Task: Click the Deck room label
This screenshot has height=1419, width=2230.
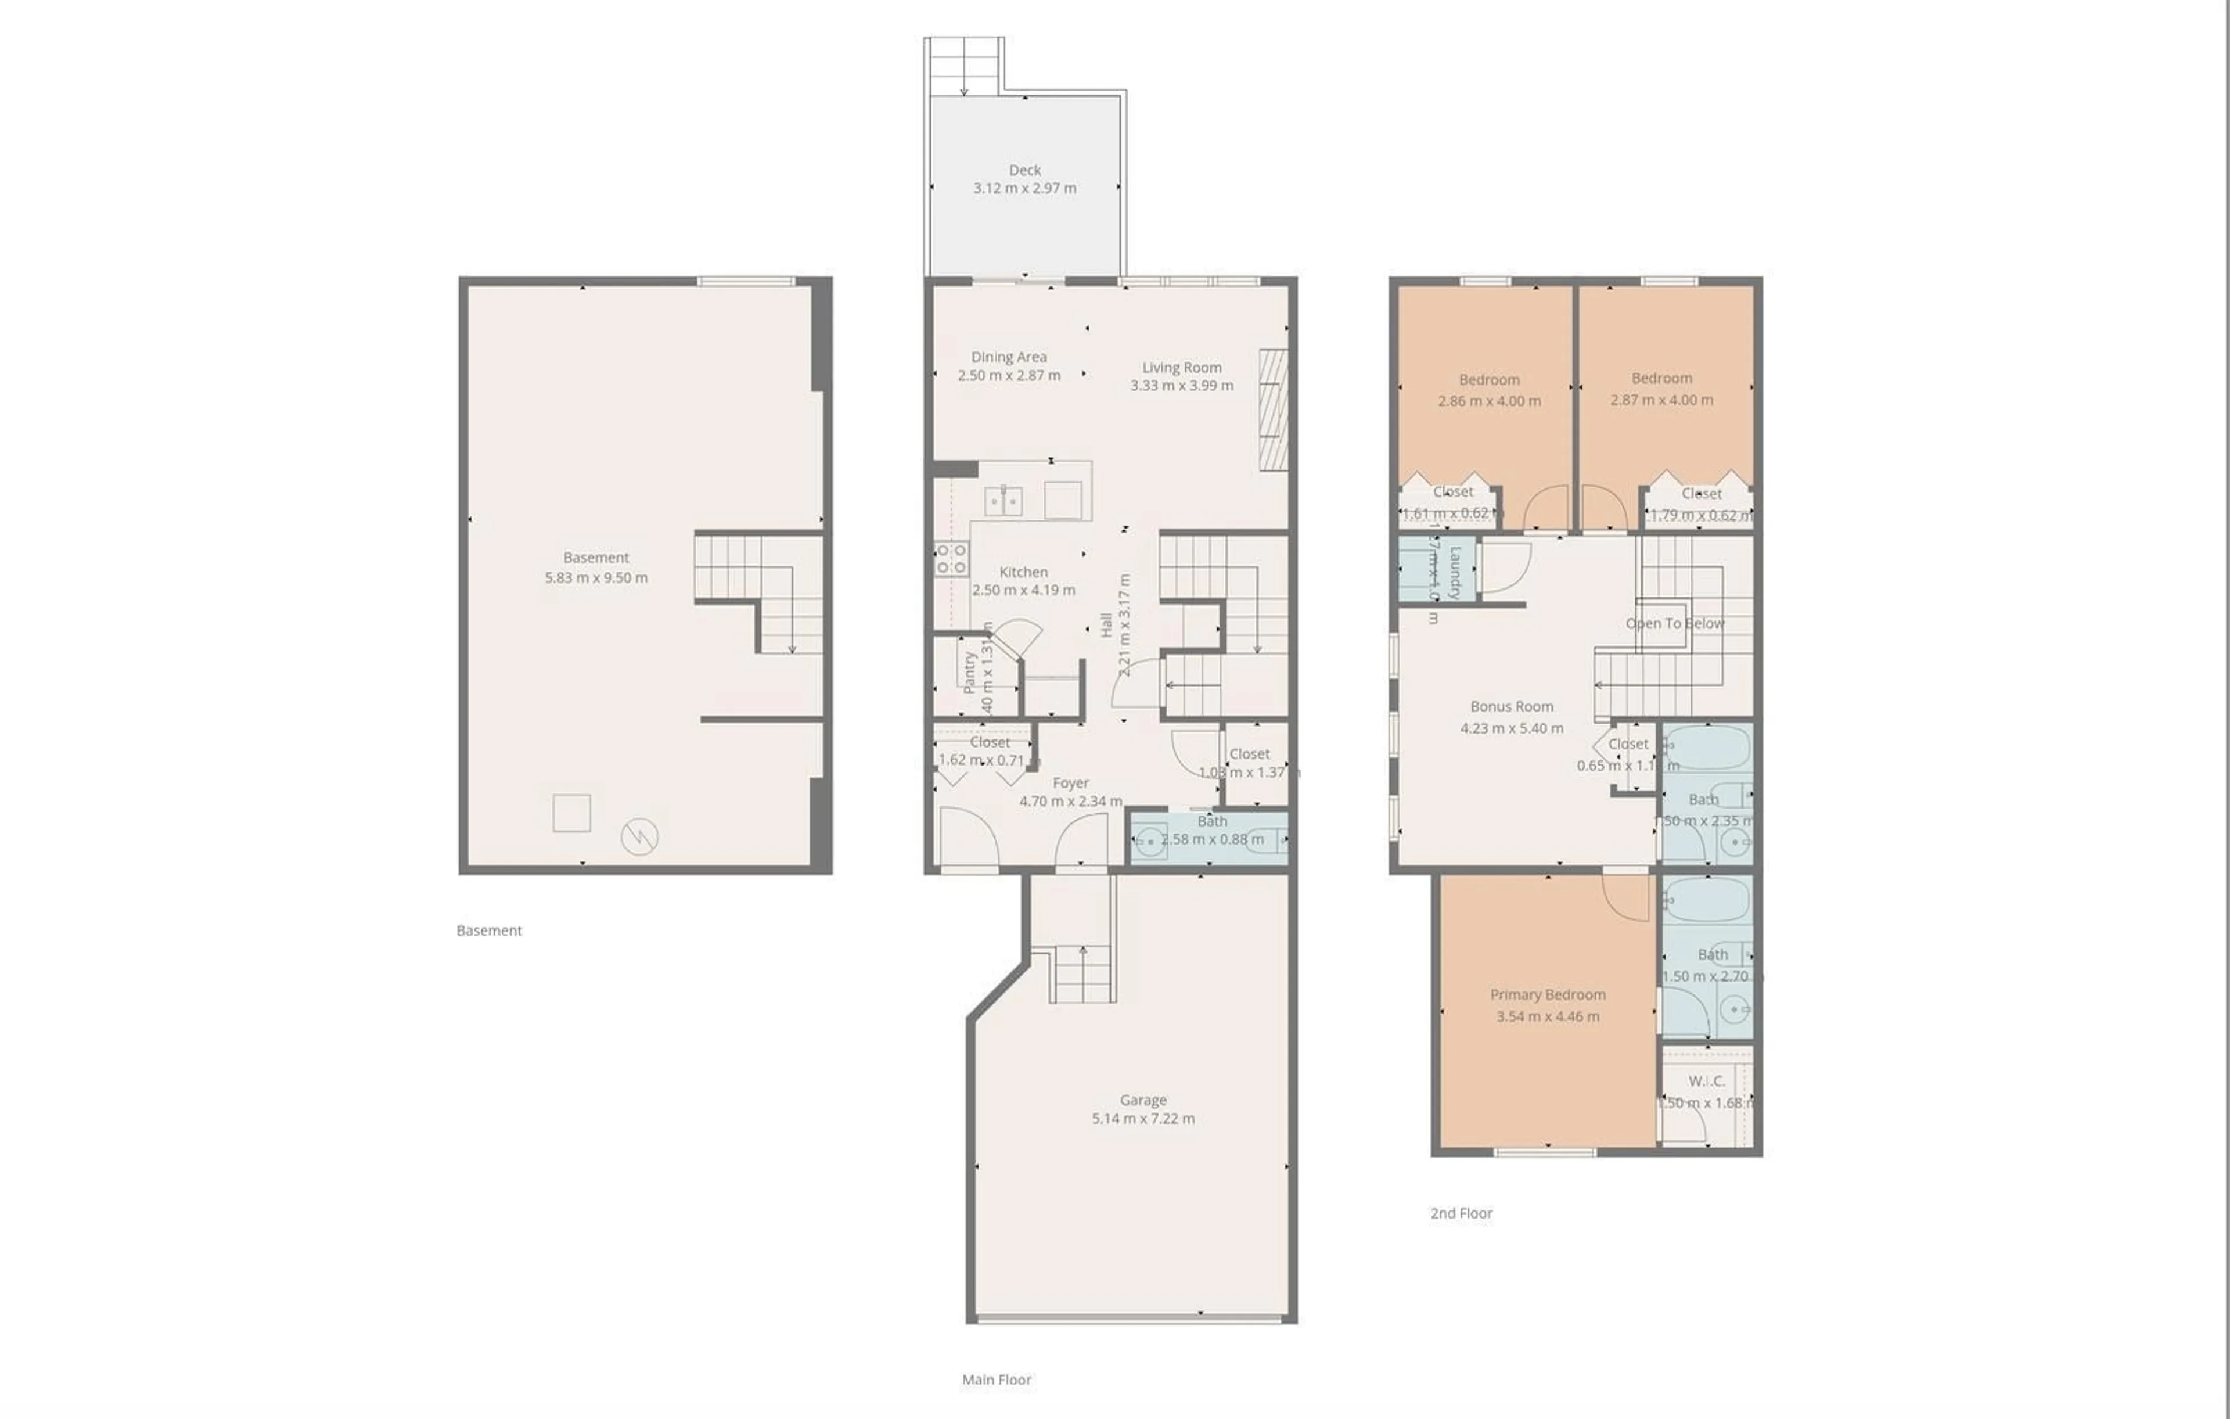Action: point(1024,170)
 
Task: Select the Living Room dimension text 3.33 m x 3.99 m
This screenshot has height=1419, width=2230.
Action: point(1182,385)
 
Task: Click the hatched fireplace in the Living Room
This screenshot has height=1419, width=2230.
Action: point(1274,408)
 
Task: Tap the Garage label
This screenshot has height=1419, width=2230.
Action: point(1143,1100)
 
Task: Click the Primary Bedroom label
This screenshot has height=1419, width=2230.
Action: point(1548,995)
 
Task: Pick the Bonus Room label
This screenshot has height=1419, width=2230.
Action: point(1512,707)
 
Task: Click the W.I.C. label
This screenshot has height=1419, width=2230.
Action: point(1706,1081)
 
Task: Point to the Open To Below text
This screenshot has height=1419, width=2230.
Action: point(1674,623)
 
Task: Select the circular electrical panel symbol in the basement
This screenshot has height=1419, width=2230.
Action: point(639,836)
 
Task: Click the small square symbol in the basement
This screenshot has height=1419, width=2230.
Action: point(571,813)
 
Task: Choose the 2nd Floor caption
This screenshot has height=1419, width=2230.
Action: point(1461,1213)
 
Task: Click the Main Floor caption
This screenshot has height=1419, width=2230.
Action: point(997,1380)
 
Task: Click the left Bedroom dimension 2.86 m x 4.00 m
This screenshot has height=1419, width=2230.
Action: point(1489,401)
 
